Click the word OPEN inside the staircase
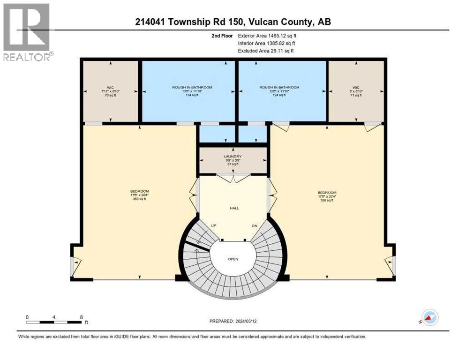(x=233, y=259)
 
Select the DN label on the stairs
(x=255, y=225)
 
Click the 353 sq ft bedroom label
(x=140, y=195)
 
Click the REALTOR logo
(x=27, y=33)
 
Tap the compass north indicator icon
(x=430, y=317)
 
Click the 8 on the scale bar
(x=82, y=317)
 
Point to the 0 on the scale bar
(x=27, y=317)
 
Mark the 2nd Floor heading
(x=221, y=36)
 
